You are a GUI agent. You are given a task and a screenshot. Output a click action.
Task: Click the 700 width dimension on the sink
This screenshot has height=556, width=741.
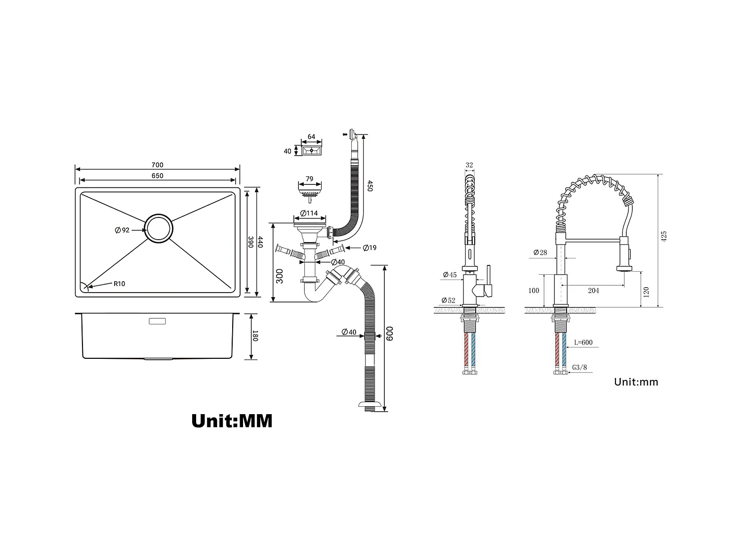(157, 165)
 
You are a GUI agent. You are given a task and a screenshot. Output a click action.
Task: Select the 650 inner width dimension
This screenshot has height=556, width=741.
(157, 176)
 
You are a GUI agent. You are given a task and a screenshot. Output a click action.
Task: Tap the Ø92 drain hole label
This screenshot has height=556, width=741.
(122, 230)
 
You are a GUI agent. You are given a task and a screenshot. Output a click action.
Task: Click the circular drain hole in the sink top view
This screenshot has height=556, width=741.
(159, 228)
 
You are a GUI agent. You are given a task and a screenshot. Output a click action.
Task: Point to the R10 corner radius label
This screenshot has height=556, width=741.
(119, 284)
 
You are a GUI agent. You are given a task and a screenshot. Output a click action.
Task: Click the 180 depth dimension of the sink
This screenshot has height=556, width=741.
(255, 336)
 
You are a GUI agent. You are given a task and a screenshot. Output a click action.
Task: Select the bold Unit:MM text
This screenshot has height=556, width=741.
(232, 421)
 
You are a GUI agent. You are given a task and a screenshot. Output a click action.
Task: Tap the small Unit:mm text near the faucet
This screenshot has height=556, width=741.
(636, 382)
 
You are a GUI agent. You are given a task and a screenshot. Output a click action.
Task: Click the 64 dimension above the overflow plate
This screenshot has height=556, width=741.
(311, 137)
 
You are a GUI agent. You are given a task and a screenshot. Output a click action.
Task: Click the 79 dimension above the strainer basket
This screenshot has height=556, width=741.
(309, 179)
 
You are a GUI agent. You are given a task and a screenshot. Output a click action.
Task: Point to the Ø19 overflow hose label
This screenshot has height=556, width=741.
(369, 248)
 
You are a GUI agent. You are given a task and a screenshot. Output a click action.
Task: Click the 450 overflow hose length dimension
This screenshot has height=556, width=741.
(370, 186)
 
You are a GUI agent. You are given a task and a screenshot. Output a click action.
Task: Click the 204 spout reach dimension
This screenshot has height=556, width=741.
(593, 291)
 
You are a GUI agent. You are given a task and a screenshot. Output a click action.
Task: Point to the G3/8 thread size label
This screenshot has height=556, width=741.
(579, 368)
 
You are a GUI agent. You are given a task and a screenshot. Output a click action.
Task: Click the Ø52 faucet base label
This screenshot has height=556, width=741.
(449, 300)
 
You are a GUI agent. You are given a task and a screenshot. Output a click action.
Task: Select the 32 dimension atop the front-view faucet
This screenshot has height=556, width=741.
(469, 166)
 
